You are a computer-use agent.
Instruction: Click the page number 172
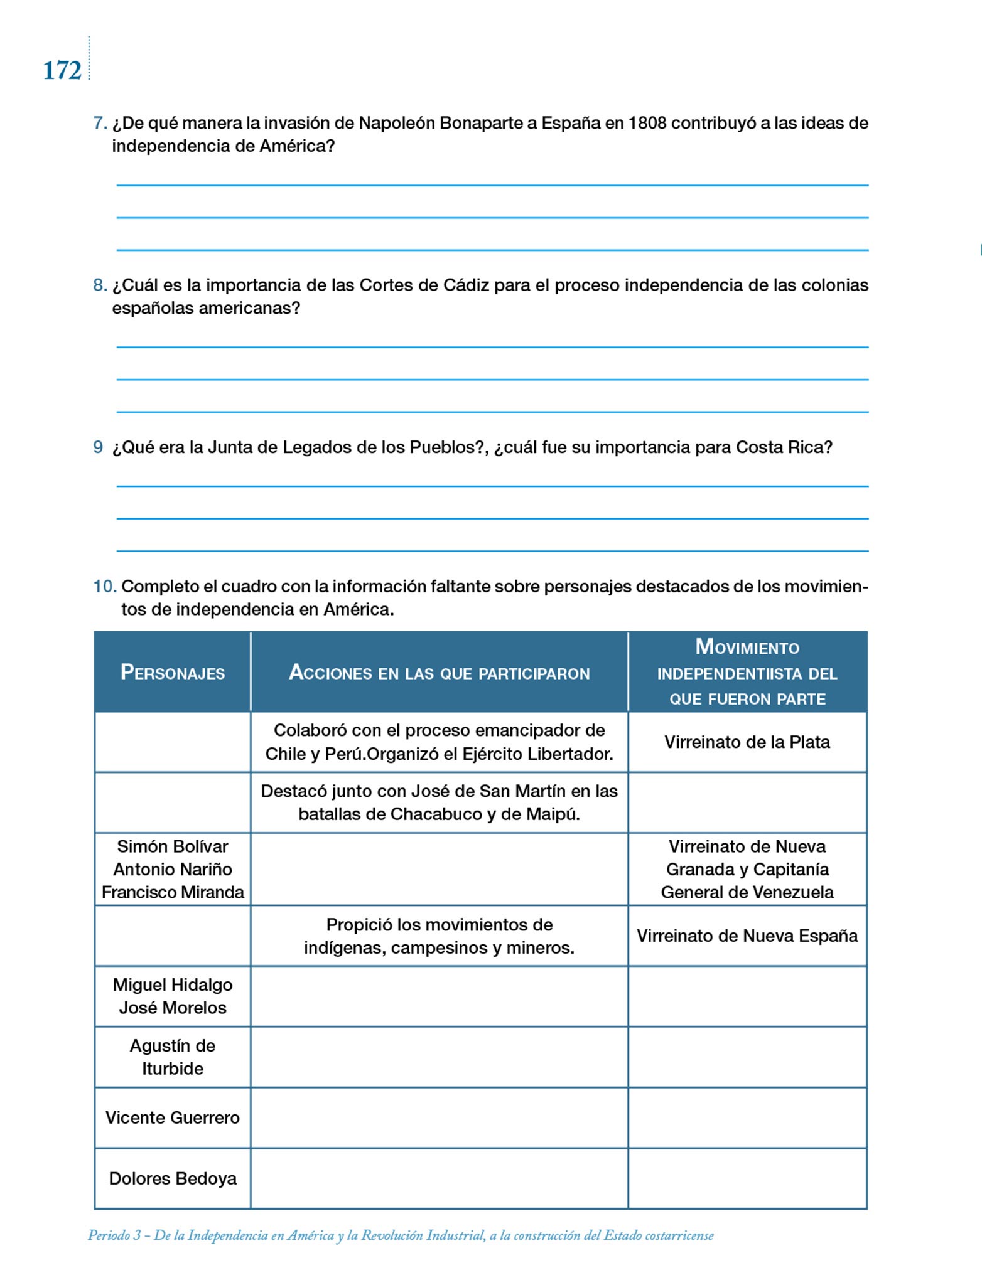tap(62, 71)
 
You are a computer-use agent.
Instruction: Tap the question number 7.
tap(100, 123)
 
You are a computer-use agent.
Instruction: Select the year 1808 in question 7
tap(647, 123)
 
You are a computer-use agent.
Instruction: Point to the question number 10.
tap(105, 587)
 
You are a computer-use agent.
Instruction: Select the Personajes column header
tap(173, 673)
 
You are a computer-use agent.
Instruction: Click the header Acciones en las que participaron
tap(440, 673)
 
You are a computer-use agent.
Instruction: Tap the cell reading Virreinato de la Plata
tap(747, 742)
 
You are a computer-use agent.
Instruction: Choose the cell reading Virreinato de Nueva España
tap(747, 936)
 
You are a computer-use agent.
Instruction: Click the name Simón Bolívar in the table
tap(173, 846)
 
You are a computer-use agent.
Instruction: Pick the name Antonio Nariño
tap(173, 870)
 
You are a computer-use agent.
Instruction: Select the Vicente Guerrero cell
tap(173, 1118)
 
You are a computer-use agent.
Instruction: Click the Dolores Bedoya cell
tap(173, 1179)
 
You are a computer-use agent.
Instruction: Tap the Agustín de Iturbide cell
tap(173, 1057)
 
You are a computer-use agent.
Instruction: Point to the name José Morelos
tap(173, 1008)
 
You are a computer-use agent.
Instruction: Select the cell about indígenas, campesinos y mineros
tap(440, 936)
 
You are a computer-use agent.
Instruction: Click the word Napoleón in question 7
tap(397, 123)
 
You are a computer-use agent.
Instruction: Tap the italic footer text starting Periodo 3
tap(401, 1235)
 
